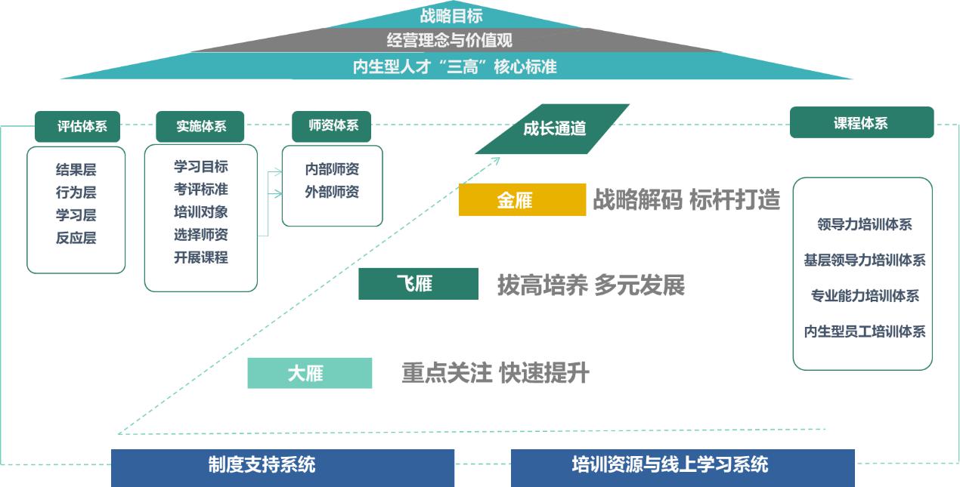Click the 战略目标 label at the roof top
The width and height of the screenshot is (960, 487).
451,15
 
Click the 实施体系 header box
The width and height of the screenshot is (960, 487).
200,126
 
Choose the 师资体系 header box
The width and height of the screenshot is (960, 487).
333,125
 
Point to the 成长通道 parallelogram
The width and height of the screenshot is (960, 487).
553,128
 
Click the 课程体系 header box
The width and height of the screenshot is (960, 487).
861,123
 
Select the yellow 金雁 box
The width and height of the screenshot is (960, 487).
522,200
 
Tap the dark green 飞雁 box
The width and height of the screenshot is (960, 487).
418,284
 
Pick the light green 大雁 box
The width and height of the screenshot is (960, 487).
309,373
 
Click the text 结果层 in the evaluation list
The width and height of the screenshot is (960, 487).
76,170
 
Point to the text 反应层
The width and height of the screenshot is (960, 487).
76,238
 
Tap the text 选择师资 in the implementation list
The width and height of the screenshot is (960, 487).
200,235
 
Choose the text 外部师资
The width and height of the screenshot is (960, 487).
332,192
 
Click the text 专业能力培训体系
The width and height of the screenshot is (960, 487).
864,296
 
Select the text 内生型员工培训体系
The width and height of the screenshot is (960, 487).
864,331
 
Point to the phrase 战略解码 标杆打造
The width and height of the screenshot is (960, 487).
686,200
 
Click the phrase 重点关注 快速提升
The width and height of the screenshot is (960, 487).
495,373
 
